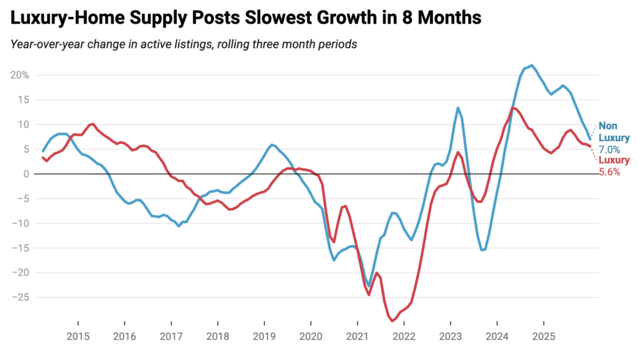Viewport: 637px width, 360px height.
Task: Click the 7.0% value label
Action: point(609,150)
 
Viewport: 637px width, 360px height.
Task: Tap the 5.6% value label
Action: point(609,172)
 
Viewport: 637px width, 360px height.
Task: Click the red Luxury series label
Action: point(614,161)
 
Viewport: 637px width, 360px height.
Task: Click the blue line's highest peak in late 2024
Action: point(531,65)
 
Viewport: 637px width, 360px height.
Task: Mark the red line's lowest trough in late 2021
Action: point(393,321)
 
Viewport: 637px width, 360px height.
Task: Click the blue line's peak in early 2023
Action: point(458,108)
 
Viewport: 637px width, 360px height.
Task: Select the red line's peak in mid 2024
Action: point(513,108)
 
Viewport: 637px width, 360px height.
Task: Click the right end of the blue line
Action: point(590,139)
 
